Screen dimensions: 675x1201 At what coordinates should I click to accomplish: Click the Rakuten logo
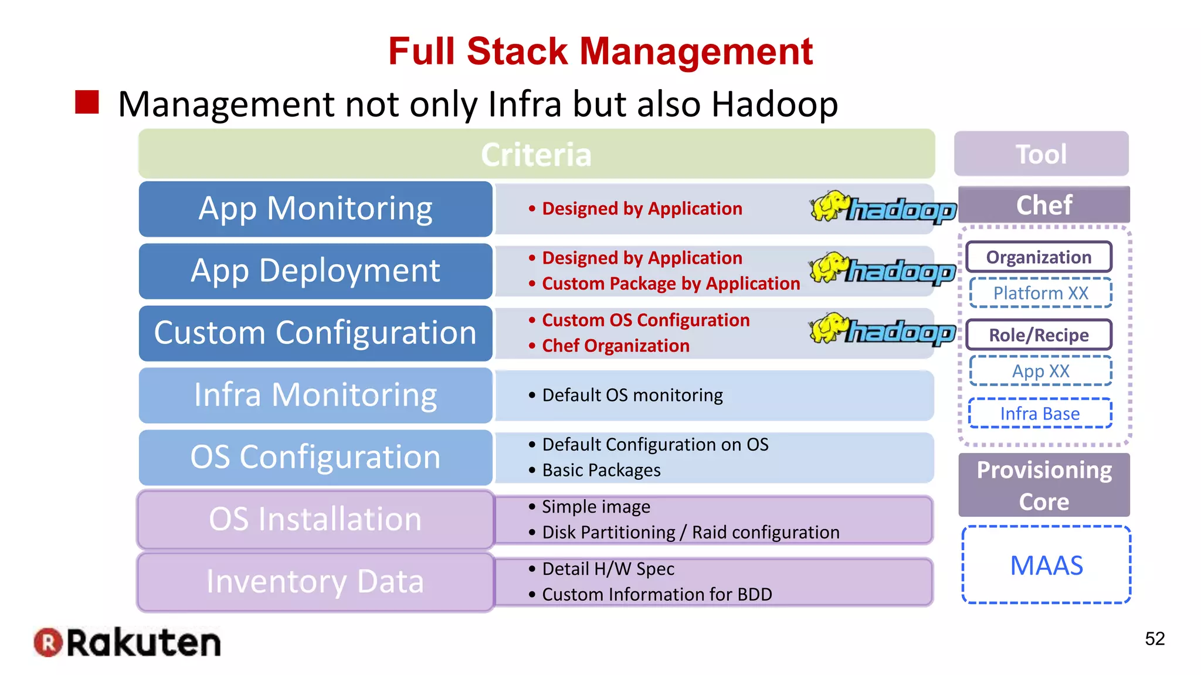pos(127,643)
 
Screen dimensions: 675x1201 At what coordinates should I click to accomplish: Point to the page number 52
pos(1155,639)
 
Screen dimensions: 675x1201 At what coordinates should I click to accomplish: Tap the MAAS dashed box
pos(1046,565)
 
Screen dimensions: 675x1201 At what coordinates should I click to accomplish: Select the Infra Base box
pos(1040,414)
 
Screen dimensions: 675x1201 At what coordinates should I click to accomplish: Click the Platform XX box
pos(1040,293)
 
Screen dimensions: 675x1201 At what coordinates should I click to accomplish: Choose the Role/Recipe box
pos(1039,335)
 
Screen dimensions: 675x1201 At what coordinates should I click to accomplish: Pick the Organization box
pos(1039,257)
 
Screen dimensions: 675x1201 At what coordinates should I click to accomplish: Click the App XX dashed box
pos(1040,371)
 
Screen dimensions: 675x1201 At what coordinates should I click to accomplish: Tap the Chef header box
pos(1044,205)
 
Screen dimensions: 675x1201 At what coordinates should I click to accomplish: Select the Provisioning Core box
pos(1044,485)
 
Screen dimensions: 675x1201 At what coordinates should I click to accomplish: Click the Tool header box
pos(1041,154)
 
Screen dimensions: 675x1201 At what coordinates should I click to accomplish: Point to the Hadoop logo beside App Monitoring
pos(883,207)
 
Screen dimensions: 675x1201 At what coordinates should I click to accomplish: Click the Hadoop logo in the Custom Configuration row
pos(883,330)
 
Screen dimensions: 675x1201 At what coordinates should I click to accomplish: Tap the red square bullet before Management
pos(87,103)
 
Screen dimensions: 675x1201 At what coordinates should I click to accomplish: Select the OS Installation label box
pos(315,519)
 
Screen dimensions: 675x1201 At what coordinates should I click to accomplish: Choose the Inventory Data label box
pos(315,581)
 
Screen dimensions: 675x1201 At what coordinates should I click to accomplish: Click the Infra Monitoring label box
pos(315,395)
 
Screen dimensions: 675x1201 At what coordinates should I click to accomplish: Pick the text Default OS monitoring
pos(632,396)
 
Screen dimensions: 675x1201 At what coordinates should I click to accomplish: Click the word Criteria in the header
pos(536,155)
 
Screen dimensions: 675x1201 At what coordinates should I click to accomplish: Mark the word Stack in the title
pos(517,52)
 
